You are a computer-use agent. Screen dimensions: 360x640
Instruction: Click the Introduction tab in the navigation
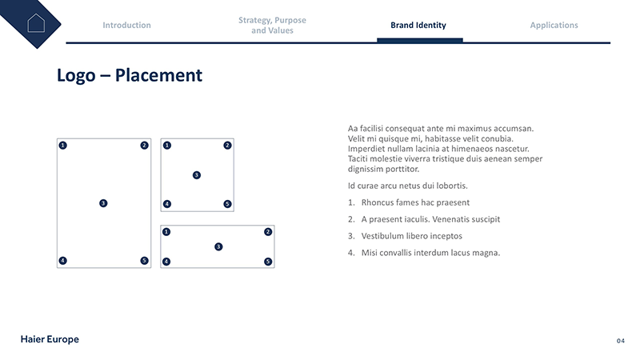pyautogui.click(x=126, y=25)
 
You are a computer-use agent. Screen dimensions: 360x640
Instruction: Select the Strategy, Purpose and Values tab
pyautogui.click(x=272, y=25)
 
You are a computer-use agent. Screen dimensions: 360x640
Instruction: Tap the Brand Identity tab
pyautogui.click(x=418, y=25)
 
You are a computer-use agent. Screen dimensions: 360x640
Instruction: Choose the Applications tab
pyautogui.click(x=554, y=25)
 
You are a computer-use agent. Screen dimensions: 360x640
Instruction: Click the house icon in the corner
pyautogui.click(x=35, y=22)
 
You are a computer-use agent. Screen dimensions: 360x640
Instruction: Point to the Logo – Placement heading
pyautogui.click(x=130, y=75)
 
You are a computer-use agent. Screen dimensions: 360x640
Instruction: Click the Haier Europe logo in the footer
pyautogui.click(x=50, y=339)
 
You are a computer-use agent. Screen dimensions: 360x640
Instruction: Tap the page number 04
pyautogui.click(x=620, y=341)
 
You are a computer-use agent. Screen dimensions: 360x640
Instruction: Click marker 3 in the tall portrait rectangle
pyautogui.click(x=103, y=203)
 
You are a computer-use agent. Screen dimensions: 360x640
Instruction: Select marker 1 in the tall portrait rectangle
pyautogui.click(x=62, y=146)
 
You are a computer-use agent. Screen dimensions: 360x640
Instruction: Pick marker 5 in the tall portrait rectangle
pyautogui.click(x=144, y=261)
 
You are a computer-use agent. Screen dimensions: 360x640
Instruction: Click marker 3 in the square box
pyautogui.click(x=196, y=175)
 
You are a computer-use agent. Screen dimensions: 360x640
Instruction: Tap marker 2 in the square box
pyautogui.click(x=227, y=146)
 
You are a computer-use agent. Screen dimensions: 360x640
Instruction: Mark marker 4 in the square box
pyautogui.click(x=166, y=204)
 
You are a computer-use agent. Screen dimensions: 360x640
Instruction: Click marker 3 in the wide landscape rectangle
pyautogui.click(x=218, y=246)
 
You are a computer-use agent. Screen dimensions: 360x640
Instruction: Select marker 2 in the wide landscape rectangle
pyautogui.click(x=268, y=232)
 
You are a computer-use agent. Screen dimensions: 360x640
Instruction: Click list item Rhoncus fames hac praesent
pyautogui.click(x=415, y=202)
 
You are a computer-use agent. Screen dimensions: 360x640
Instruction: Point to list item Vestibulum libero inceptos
pyautogui.click(x=411, y=236)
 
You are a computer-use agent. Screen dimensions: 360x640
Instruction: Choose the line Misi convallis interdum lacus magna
pyautogui.click(x=430, y=253)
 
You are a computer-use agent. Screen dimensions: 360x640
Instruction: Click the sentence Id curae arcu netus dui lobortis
pyautogui.click(x=407, y=186)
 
